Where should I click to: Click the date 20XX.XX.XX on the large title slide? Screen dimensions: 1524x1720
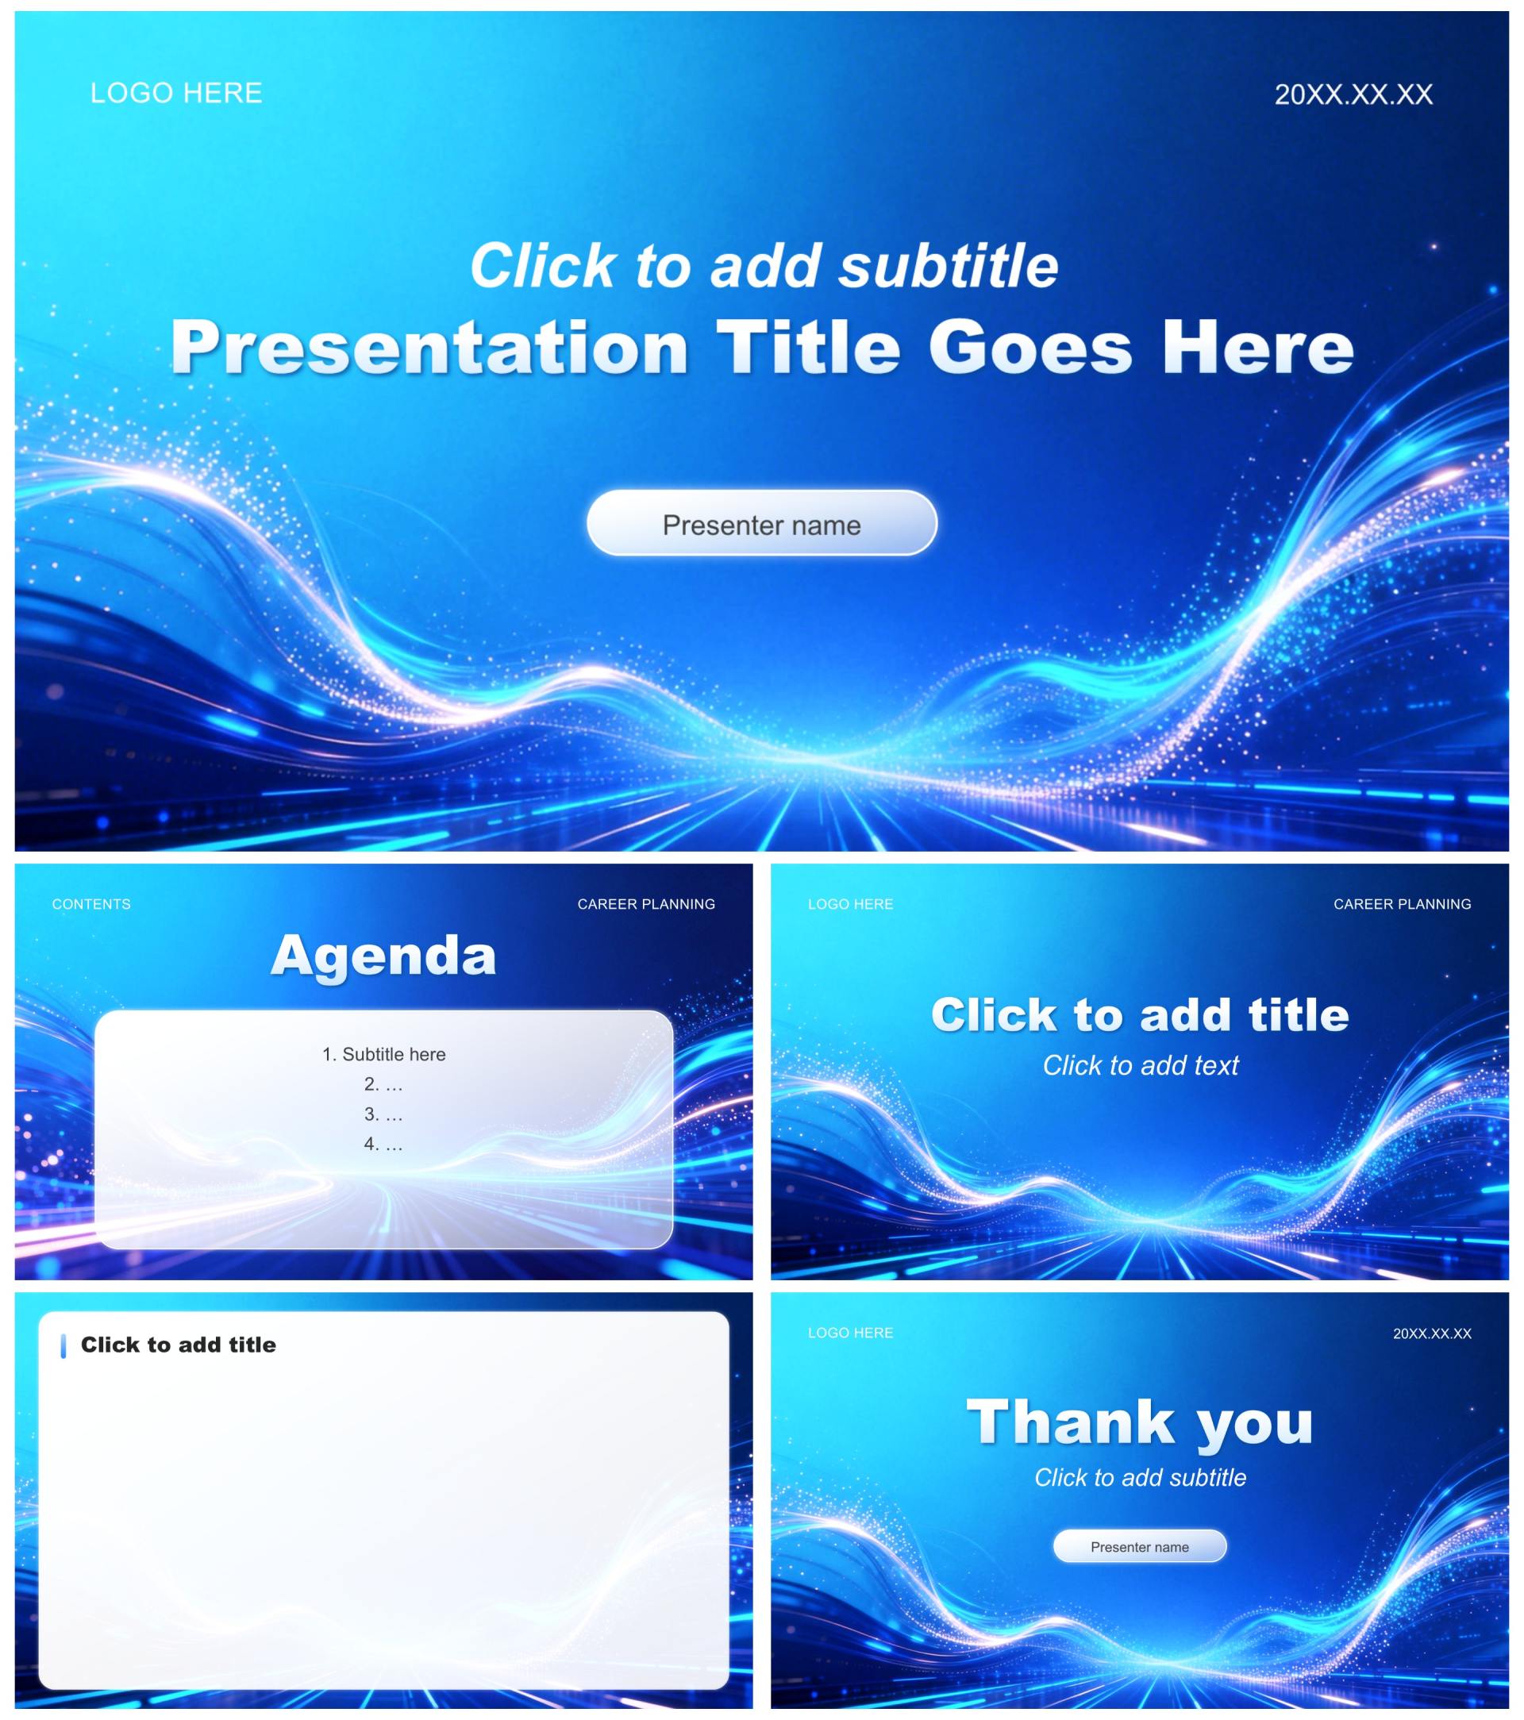tap(1353, 94)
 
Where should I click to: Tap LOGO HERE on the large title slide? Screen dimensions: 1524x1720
tap(176, 93)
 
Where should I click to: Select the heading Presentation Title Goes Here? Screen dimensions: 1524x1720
tap(761, 348)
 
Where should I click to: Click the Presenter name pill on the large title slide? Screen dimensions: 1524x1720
tap(761, 522)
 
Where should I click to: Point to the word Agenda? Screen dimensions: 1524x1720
tap(383, 956)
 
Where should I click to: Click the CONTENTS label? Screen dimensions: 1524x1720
tap(91, 904)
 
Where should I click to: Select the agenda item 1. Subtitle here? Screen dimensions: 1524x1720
tap(383, 1054)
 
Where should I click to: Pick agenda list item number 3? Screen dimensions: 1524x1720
tap(383, 1114)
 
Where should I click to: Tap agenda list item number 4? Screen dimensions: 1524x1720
tap(383, 1144)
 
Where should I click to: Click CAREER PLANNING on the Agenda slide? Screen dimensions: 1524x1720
tap(646, 904)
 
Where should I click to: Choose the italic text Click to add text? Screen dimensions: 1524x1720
tap(1141, 1065)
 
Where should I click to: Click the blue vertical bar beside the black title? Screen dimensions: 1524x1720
tap(63, 1346)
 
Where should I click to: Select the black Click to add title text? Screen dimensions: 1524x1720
tap(179, 1345)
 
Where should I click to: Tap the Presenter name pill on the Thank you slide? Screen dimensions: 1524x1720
tap(1141, 1546)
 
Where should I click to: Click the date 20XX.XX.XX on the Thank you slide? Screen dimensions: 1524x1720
tap(1432, 1333)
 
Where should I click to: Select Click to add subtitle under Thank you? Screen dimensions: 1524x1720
tap(1141, 1478)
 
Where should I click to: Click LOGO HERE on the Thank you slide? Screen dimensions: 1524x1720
tap(851, 1333)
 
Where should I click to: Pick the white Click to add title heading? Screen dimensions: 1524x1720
tap(1141, 1014)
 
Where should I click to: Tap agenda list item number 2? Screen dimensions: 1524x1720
tap(383, 1084)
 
